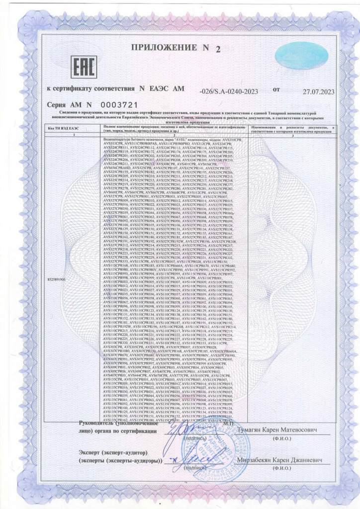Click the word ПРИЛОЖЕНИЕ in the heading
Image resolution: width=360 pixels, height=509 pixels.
click(x=164, y=47)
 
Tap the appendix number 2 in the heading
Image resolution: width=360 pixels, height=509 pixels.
click(x=217, y=49)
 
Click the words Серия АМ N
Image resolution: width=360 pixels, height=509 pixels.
click(x=69, y=105)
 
